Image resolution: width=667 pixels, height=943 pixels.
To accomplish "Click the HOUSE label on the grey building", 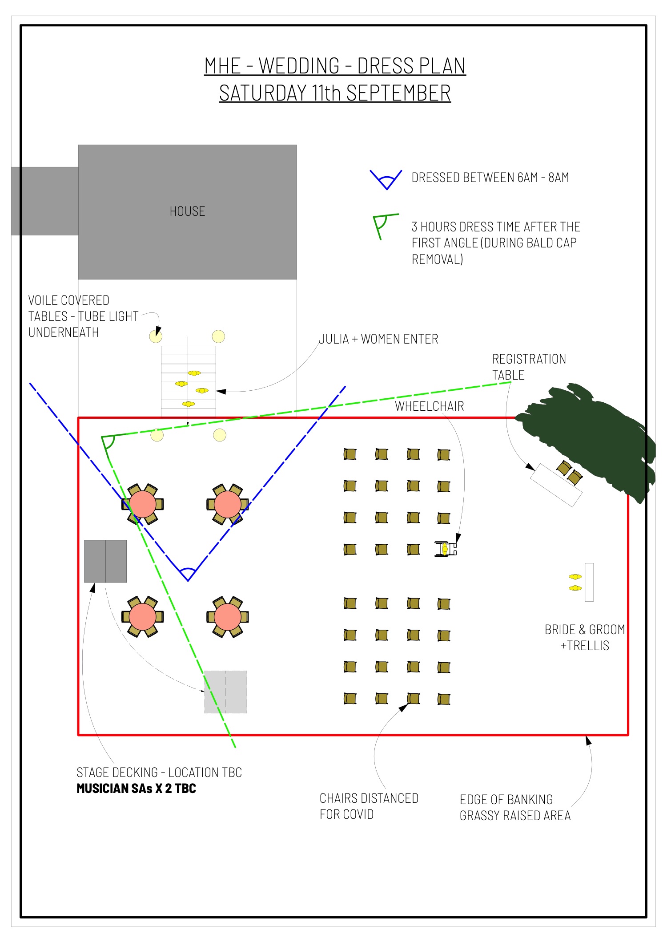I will point(187,211).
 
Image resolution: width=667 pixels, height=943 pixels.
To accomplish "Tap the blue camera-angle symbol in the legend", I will point(386,180).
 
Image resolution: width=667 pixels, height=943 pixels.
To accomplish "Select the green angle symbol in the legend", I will point(382,225).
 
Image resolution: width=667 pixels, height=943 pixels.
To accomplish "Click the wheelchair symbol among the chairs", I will point(445,549).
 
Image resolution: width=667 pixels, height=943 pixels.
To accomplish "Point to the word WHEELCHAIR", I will point(429,406).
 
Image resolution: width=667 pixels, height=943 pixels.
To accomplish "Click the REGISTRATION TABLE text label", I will point(528,367).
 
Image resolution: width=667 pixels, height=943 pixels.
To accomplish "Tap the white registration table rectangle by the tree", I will point(556,485).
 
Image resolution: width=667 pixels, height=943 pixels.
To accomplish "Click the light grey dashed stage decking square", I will point(225,692).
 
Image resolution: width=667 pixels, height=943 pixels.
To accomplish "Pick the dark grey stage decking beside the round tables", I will point(105,561).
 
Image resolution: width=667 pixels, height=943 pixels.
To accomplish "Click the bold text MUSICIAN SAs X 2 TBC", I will point(136,789).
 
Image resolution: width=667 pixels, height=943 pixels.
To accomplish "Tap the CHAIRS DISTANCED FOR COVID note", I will point(369,806).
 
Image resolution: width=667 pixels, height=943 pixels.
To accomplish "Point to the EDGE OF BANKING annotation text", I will point(514,807).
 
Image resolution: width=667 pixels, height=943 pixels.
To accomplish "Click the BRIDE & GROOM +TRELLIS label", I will point(584,637).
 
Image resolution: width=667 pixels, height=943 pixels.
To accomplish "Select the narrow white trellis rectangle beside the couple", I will point(589,582).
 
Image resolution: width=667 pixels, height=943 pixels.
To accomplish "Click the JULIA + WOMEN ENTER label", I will point(378,339).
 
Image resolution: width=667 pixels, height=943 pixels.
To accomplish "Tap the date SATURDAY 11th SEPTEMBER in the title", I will point(335,93).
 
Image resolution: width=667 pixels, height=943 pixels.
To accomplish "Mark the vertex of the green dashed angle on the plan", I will point(102,437).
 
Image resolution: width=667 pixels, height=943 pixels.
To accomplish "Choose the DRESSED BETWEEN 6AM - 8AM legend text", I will point(490,178).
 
